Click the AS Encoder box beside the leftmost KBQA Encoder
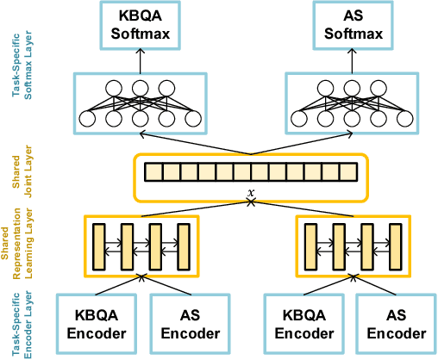[x=191, y=325]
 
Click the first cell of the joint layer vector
[x=153, y=172]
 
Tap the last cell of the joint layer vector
[x=347, y=172]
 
